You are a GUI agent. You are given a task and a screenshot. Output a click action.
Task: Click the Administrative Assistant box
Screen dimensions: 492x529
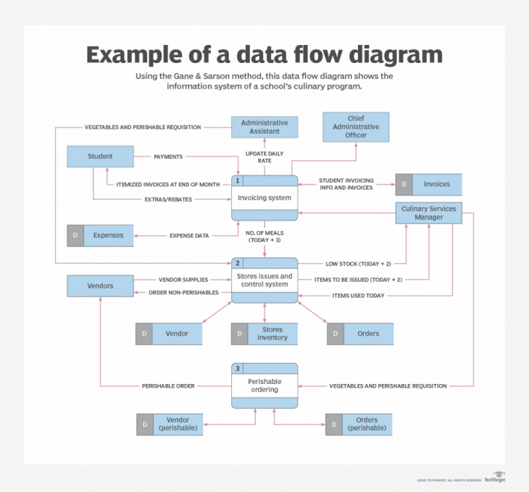[x=264, y=128]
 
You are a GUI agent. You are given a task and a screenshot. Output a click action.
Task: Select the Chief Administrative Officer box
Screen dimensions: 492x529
[x=356, y=127]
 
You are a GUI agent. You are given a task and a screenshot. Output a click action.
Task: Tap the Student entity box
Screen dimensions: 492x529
[x=100, y=157]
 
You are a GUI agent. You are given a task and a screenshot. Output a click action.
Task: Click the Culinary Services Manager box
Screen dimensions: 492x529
[x=428, y=212]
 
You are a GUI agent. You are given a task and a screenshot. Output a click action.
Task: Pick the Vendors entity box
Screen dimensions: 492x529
[x=100, y=285]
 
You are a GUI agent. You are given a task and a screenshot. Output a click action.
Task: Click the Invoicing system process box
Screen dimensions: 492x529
[x=264, y=198]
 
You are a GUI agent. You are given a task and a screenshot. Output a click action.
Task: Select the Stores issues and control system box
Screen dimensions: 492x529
[x=264, y=280]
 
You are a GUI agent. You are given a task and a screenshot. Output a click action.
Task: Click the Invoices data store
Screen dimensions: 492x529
[x=428, y=184]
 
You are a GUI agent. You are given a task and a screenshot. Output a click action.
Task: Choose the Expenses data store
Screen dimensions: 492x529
[x=100, y=235]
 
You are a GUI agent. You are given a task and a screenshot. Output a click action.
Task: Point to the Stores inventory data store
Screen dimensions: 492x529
[x=264, y=333]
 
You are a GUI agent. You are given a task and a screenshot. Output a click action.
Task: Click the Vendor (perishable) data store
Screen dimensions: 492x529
[x=170, y=424]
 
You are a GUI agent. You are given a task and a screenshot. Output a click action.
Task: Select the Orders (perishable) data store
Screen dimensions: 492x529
[x=359, y=424]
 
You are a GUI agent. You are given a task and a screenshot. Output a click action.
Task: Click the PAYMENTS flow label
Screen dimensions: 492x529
[x=168, y=157]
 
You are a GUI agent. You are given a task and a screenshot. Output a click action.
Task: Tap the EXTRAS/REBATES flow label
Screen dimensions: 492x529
[x=168, y=199]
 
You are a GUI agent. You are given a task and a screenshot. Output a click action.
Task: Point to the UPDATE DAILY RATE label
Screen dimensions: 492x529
[x=264, y=157]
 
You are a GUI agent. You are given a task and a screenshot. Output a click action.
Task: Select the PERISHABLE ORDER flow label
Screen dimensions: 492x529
[x=168, y=386]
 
